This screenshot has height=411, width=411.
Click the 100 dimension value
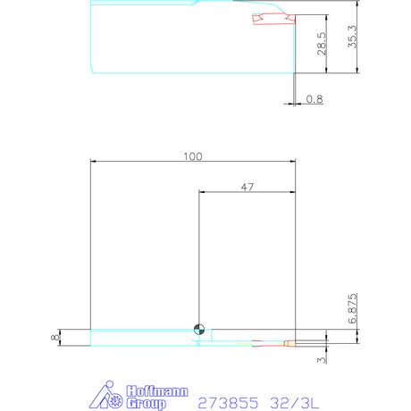point(193,156)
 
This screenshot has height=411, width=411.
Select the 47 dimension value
point(247,188)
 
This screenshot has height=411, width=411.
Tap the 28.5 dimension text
point(322,44)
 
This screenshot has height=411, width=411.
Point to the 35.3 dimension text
point(352,37)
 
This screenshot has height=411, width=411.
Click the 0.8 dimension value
point(315,99)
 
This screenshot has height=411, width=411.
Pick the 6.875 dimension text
point(352,308)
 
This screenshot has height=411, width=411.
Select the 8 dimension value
point(55,338)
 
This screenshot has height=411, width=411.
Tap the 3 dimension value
point(322,360)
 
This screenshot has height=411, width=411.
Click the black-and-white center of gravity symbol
point(199,330)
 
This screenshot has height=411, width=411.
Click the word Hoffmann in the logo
point(157,391)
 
